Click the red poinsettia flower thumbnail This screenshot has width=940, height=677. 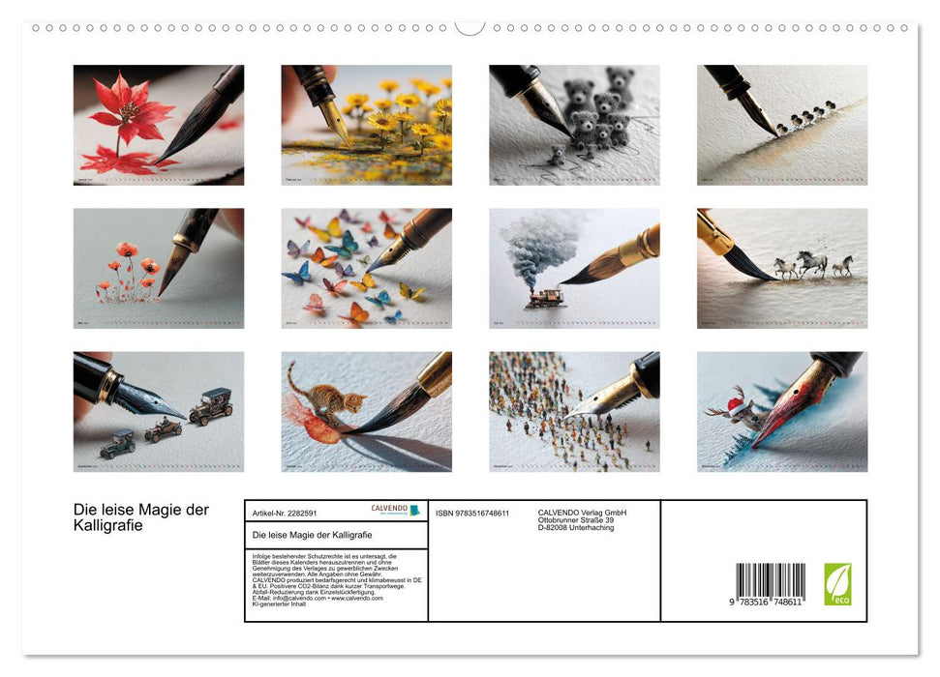coord(158,125)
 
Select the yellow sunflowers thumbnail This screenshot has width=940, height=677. coord(366,125)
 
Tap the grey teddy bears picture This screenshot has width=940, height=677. coord(574,125)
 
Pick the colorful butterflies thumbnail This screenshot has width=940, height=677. coord(366,268)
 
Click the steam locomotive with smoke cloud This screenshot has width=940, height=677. coord(574,268)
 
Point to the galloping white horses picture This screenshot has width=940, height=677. coord(782,268)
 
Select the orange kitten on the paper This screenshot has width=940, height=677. coord(366,411)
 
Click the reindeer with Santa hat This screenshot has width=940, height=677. coord(782,411)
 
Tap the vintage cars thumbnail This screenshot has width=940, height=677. coord(158,411)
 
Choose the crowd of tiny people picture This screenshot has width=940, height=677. coord(574,411)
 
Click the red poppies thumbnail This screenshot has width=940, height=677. coord(158,268)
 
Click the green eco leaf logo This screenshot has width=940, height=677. coord(837,584)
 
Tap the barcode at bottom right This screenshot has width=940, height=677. coord(770,581)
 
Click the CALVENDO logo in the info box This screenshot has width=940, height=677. coord(395,510)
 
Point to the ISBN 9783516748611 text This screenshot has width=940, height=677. coord(472,513)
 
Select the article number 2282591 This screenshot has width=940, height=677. coord(285,513)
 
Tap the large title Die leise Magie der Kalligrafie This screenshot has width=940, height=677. coord(141,517)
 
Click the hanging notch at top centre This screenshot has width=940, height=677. coord(470,26)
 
